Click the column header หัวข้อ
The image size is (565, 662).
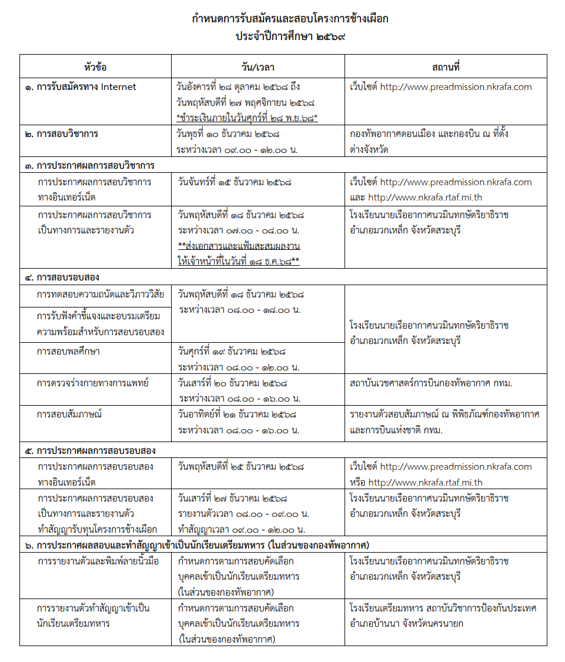[95, 67]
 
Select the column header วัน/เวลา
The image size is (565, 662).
[258, 67]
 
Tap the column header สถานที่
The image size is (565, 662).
[445, 67]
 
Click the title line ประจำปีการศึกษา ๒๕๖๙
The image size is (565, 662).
[290, 36]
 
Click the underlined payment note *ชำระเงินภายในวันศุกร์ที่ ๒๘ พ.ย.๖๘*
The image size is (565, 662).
[247, 118]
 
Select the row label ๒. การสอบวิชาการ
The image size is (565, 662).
[61, 134]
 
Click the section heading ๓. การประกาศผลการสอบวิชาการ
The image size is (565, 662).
[89, 165]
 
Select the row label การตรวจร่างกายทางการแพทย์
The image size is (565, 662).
[92, 383]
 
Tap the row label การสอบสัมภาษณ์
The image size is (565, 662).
[69, 414]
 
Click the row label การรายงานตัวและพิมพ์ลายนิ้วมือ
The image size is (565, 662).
[97, 561]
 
